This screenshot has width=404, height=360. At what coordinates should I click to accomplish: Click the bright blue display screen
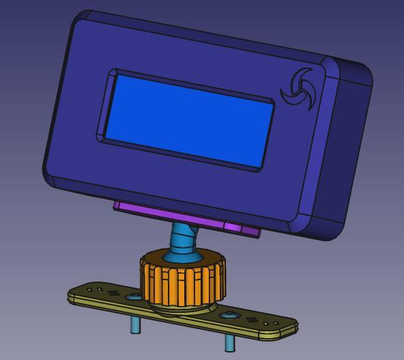(188, 120)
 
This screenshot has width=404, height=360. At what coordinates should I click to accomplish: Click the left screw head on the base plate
(135, 296)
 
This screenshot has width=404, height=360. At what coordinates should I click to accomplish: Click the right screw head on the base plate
(230, 315)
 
